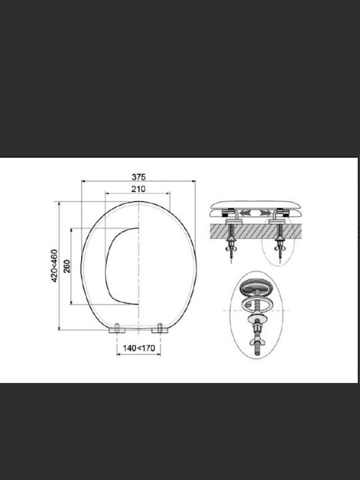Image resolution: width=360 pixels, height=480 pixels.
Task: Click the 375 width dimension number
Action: coord(139,177)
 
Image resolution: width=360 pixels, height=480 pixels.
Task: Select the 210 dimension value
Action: coord(139,189)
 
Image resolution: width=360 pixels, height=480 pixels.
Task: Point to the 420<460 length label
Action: coord(54,266)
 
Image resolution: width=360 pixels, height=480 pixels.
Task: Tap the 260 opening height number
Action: coord(67,266)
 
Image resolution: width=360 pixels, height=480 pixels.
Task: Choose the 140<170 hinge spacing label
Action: coord(139,348)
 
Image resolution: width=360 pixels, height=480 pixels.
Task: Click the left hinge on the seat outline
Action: coord(117,329)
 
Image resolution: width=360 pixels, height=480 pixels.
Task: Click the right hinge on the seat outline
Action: coord(160,329)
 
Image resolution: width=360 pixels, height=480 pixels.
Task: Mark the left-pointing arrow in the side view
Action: coord(246,213)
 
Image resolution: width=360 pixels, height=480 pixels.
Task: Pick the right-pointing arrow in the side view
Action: coord(265,213)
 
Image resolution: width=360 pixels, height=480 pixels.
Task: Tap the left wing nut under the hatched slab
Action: coord(231,248)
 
